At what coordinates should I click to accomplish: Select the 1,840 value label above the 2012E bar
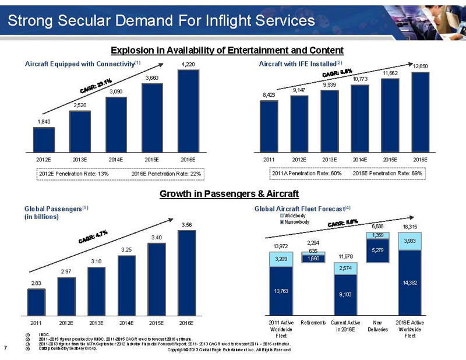(44, 121)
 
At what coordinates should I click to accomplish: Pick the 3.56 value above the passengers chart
(186, 224)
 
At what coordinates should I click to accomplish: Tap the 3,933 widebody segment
(410, 241)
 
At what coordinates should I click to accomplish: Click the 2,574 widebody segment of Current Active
(346, 268)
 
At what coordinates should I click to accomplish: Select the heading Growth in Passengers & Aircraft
(229, 193)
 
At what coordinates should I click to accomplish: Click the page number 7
(5, 348)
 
